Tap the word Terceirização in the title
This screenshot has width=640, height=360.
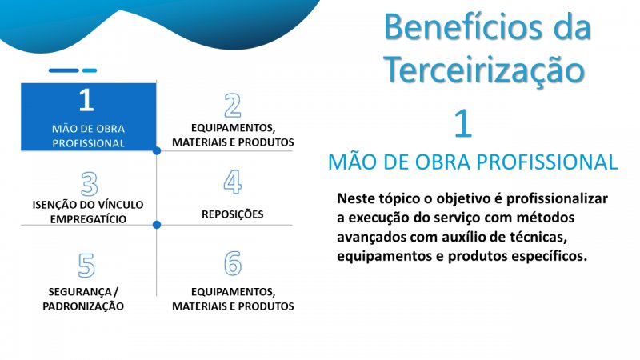click(x=484, y=70)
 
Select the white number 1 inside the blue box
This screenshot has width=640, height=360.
click(x=86, y=99)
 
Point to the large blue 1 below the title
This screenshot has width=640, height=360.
click(x=463, y=123)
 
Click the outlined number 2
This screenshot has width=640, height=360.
click(x=233, y=106)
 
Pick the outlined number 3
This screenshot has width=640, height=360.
click(x=90, y=184)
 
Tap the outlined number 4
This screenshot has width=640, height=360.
click(x=233, y=182)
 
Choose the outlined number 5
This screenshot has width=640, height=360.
click(x=86, y=266)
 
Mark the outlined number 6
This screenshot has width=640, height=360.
click(x=233, y=263)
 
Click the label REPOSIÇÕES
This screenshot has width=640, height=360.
click(x=233, y=214)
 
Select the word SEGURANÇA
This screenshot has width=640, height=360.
click(x=80, y=292)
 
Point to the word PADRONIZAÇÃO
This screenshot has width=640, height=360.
click(x=83, y=306)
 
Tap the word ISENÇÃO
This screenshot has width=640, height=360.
click(x=52, y=205)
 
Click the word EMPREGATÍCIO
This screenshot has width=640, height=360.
click(x=88, y=219)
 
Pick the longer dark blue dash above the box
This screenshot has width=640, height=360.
click(x=64, y=70)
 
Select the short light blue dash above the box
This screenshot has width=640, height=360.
click(x=90, y=70)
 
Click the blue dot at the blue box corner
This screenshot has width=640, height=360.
click(x=157, y=151)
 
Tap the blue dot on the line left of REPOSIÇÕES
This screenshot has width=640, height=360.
click(x=157, y=225)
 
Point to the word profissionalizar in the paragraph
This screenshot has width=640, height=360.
click(x=557, y=198)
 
